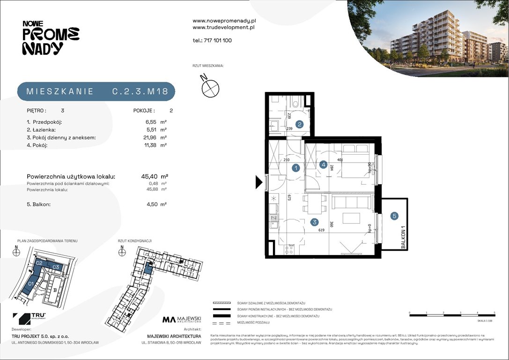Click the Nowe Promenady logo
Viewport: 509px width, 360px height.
pos(51,38)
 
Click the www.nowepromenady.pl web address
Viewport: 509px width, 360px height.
pos(224,21)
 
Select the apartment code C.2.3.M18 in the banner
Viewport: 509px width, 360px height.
pos(140,91)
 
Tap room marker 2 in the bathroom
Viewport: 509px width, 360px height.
pos(299,125)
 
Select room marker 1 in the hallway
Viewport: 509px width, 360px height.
pos(295,168)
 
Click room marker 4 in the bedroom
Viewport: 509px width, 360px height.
pos(323,165)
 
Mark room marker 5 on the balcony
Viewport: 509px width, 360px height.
pos(395,216)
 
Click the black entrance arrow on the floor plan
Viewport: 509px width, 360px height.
pos(259,182)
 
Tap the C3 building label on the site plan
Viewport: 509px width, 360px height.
pos(55,267)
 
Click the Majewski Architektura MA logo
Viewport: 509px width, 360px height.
pos(182,320)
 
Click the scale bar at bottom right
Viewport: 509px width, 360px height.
pos(452,315)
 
